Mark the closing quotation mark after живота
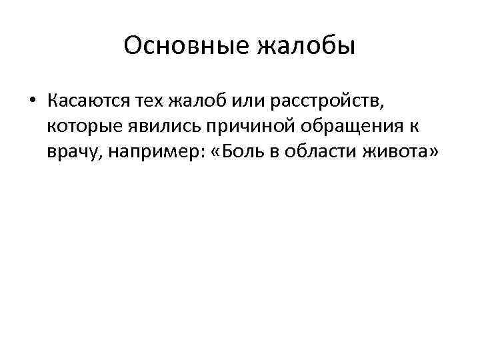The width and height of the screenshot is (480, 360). point(433,151)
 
